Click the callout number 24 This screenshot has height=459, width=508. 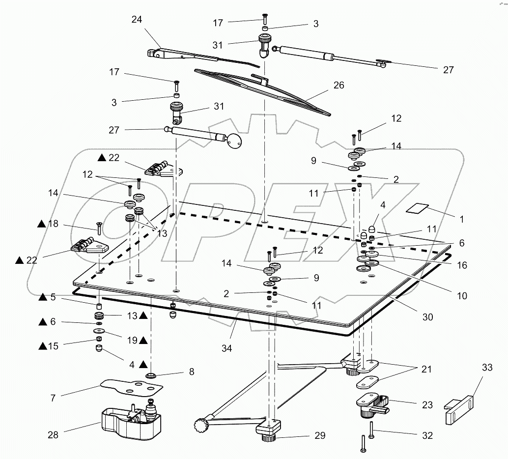tap(137, 20)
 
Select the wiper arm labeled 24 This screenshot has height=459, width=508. tap(187, 57)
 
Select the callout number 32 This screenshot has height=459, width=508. tap(427, 435)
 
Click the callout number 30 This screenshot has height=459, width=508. tap(427, 317)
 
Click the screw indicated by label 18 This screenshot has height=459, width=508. tap(98, 228)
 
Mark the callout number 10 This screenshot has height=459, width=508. tap(461, 296)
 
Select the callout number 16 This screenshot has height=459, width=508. tap(461, 265)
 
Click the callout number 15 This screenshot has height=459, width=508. tap(53, 346)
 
